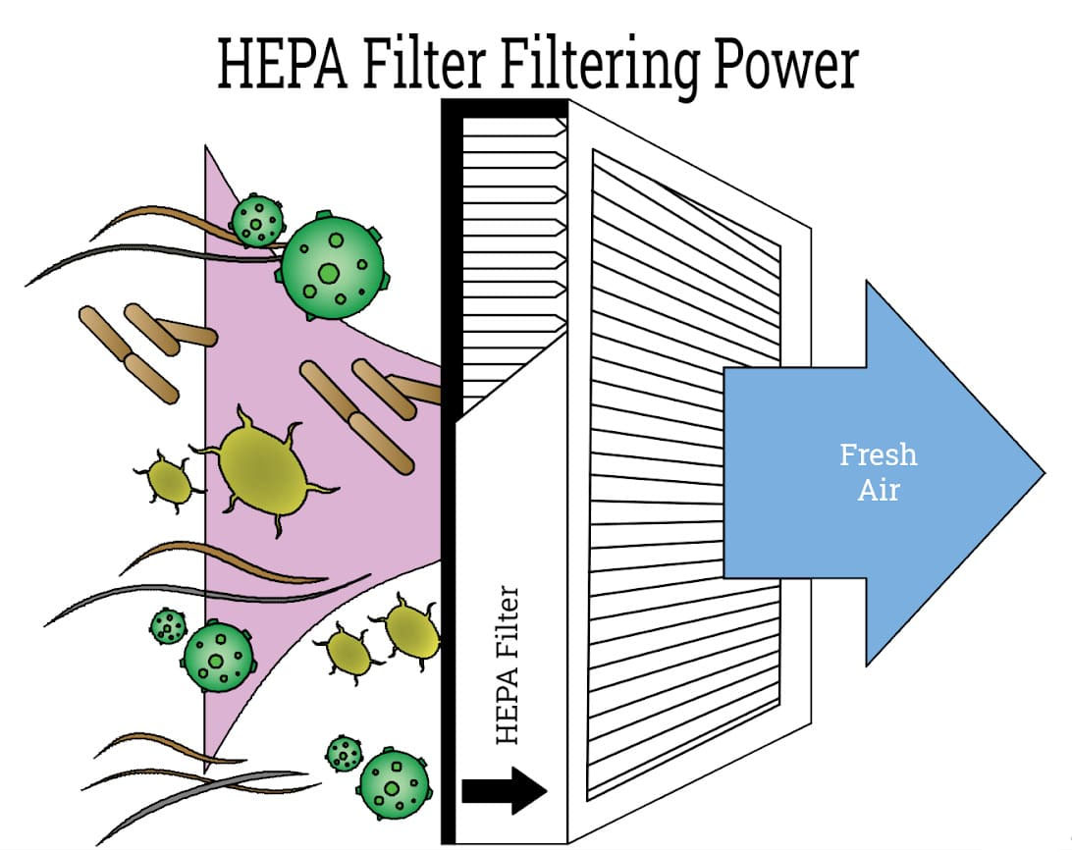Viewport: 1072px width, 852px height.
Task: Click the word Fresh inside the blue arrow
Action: point(879,455)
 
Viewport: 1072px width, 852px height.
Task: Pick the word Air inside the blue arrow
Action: point(879,489)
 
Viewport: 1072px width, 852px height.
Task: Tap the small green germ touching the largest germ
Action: point(258,221)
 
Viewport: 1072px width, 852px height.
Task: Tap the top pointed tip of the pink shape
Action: point(206,147)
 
